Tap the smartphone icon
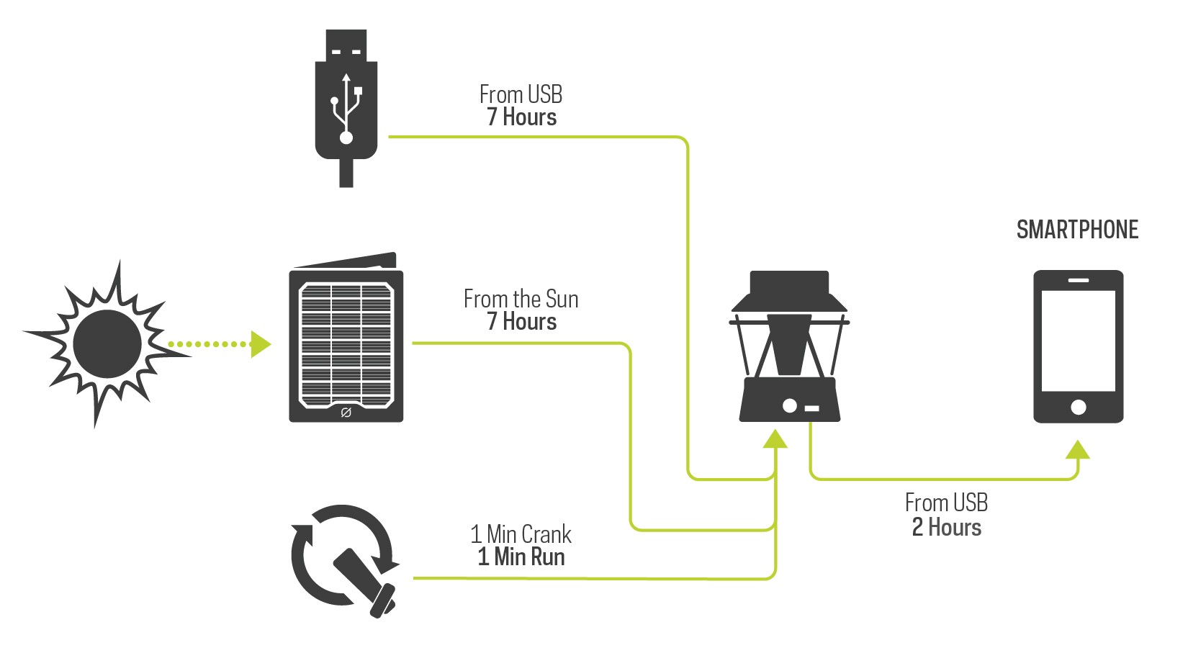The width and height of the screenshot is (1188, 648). pos(1078,346)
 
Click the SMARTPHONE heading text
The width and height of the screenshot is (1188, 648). pos(1077,230)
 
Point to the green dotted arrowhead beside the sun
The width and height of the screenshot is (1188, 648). pos(259,344)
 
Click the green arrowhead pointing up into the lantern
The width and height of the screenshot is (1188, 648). pos(775,438)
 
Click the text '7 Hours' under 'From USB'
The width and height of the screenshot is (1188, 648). pos(521,117)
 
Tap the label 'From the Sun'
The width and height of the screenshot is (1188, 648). pos(521,299)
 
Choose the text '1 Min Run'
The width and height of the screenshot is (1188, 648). pos(521,557)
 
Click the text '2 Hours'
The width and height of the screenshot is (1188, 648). pos(946,528)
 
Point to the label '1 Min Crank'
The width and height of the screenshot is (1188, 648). pos(521,534)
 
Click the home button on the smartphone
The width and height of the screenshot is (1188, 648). pos(1078,407)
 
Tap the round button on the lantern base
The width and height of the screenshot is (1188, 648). pos(789,405)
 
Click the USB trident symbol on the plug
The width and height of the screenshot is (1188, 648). pos(346,108)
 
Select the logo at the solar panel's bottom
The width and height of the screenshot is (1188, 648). pos(346,413)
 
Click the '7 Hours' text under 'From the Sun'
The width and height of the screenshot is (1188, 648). pos(521,322)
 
